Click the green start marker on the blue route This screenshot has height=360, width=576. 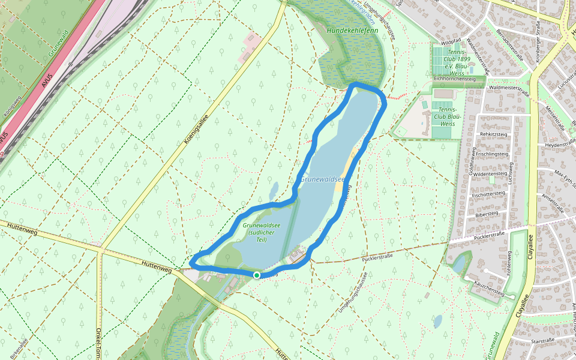(x=257, y=275)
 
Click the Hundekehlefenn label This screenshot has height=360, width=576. (x=348, y=29)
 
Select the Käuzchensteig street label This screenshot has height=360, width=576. (x=488, y=289)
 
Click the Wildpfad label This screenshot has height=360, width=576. (x=451, y=43)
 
